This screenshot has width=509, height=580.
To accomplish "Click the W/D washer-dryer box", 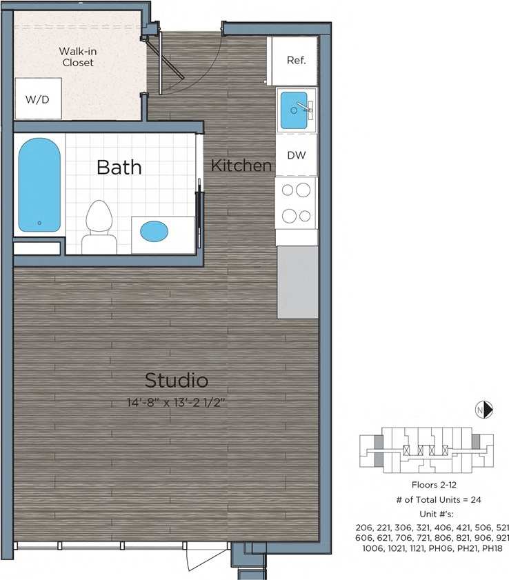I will [x=38, y=99].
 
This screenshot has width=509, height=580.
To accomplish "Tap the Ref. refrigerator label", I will [x=296, y=60].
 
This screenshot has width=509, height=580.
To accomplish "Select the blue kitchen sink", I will [x=295, y=110].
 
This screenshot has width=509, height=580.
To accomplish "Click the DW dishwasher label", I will [x=297, y=156].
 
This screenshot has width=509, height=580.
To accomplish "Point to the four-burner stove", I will [x=296, y=203].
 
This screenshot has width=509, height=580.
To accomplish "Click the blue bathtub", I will [x=39, y=185].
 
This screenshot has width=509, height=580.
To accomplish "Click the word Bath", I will [x=119, y=167].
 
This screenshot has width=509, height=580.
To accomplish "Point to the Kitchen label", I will [x=241, y=166].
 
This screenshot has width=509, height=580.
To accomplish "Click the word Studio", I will [x=177, y=380].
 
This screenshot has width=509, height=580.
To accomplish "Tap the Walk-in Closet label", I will [x=77, y=57].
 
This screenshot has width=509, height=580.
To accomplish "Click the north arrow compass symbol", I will [x=484, y=410].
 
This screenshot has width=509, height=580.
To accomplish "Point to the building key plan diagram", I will [x=426, y=448].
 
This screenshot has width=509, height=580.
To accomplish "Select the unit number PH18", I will [x=489, y=548].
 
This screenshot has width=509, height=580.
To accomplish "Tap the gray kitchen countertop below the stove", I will [x=297, y=283].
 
